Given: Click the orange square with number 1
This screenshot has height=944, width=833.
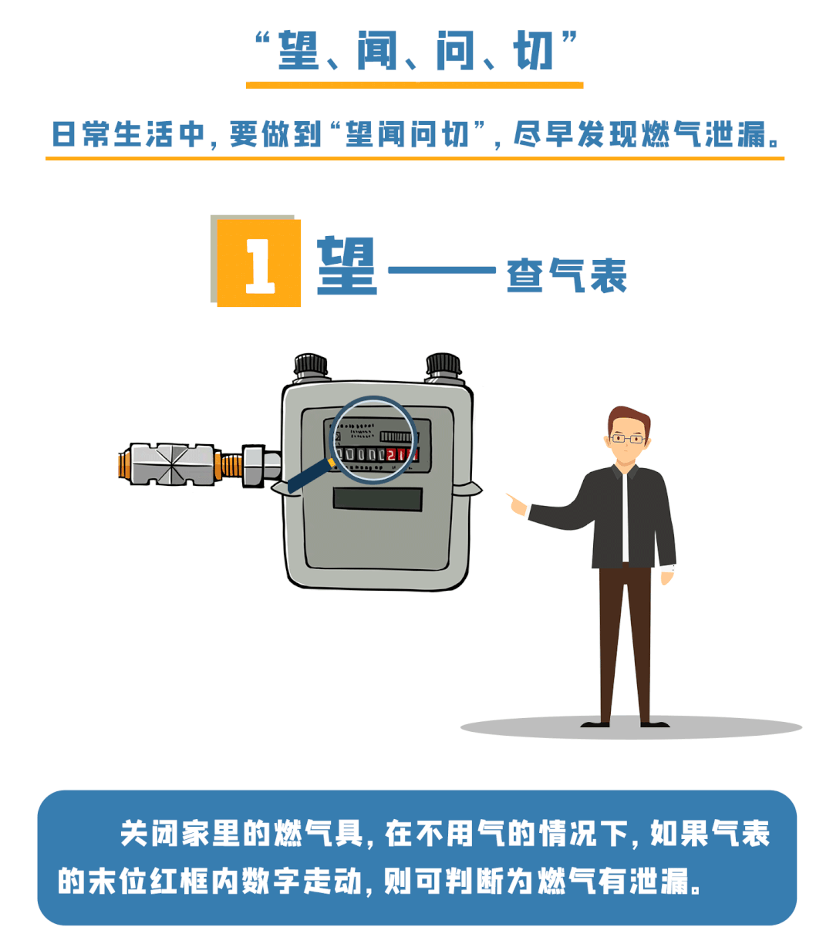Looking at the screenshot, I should click(x=259, y=263).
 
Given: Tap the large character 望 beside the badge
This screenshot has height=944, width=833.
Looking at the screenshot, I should click(x=346, y=266).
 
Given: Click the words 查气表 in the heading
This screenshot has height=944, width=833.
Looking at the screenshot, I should click(x=566, y=275).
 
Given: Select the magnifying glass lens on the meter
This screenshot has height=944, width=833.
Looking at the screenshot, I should click(x=375, y=440).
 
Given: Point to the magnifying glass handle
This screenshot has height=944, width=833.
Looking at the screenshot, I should click(x=309, y=475).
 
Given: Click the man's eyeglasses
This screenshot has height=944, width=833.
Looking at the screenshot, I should click(x=627, y=439).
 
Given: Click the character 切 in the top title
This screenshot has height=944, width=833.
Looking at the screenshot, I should click(x=534, y=52).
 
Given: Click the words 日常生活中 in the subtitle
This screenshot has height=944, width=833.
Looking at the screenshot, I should click(x=127, y=134).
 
